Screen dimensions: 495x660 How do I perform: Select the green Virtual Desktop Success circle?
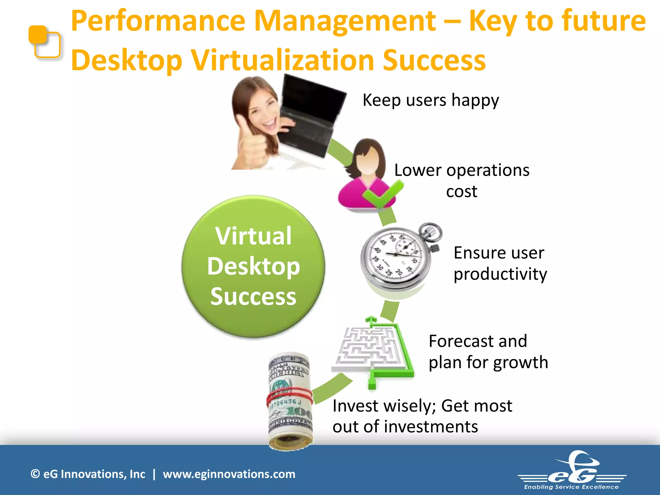coord(253,266)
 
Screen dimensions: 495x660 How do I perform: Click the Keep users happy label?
coord(431,100)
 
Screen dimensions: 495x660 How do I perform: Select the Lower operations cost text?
coord(461,180)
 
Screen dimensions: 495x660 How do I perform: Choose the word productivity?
coord(500,275)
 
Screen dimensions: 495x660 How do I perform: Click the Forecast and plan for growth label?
coord(488,352)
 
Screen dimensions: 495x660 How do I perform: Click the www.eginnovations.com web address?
coord(229,474)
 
